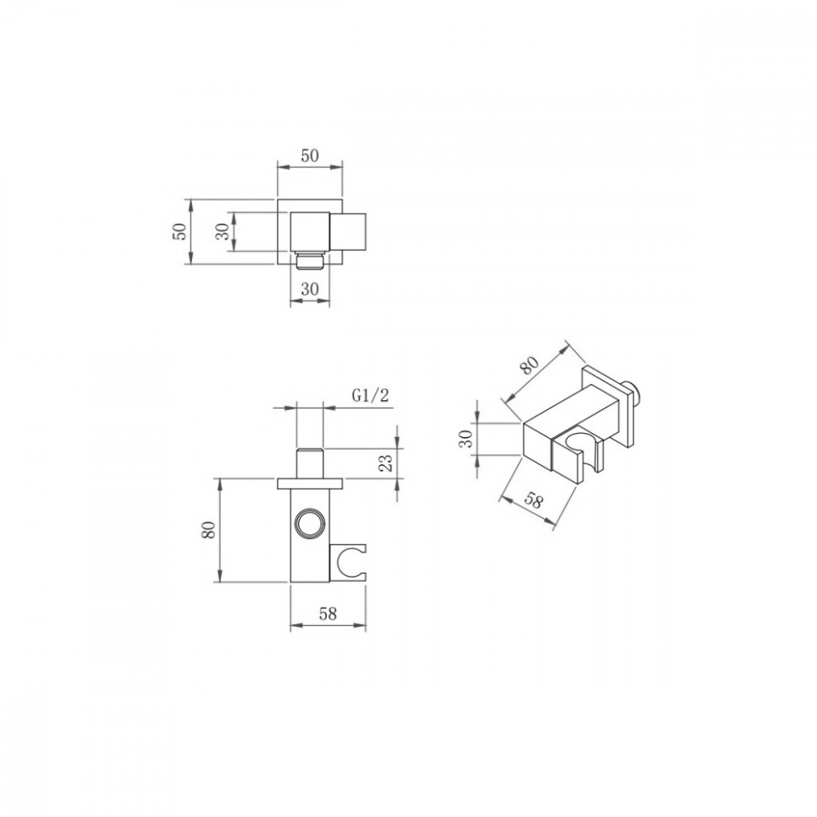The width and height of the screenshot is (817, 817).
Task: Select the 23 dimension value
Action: (386, 463)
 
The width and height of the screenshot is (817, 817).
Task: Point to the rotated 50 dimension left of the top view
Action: (179, 232)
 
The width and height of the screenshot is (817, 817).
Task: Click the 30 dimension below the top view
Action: (309, 289)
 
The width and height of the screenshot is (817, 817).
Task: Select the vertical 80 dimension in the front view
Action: (208, 530)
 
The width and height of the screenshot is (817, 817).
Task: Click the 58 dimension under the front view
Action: (328, 614)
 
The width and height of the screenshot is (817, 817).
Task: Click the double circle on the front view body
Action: (309, 523)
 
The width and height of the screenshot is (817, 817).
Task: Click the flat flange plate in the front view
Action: (310, 483)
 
